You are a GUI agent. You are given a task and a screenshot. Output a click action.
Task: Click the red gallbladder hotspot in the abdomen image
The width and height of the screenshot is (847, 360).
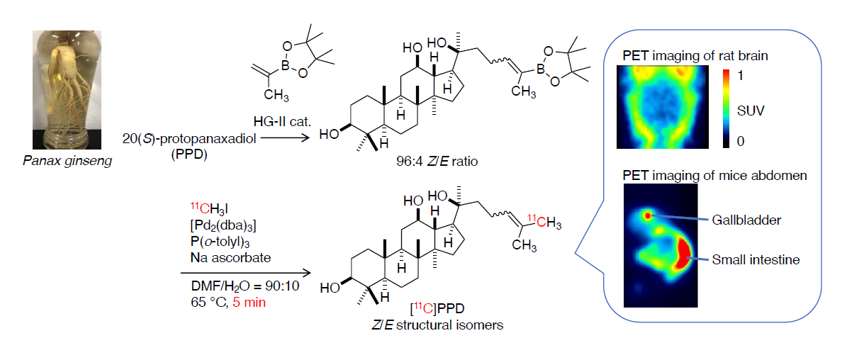click(646, 215)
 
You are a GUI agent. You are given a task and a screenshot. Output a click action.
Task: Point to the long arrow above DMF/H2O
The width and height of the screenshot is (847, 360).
click(245, 273)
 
